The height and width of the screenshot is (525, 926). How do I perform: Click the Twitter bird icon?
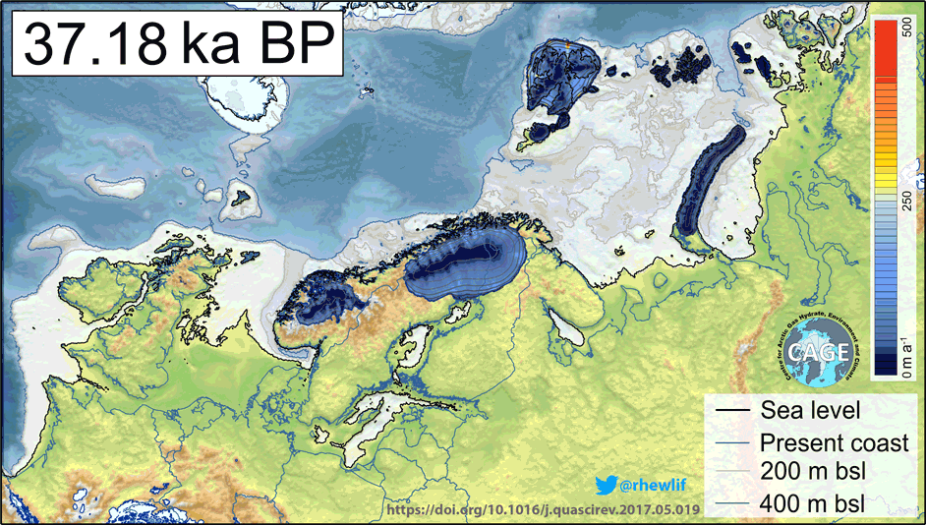coord(606,483)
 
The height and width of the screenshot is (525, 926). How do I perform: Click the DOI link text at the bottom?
coord(545,510)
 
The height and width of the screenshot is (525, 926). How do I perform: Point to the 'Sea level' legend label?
coord(811,410)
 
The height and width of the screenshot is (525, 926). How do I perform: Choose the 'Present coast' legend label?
coord(835,442)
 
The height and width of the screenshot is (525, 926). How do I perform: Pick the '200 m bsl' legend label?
coord(812,473)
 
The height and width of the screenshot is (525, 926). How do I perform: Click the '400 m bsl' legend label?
coord(812,503)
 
